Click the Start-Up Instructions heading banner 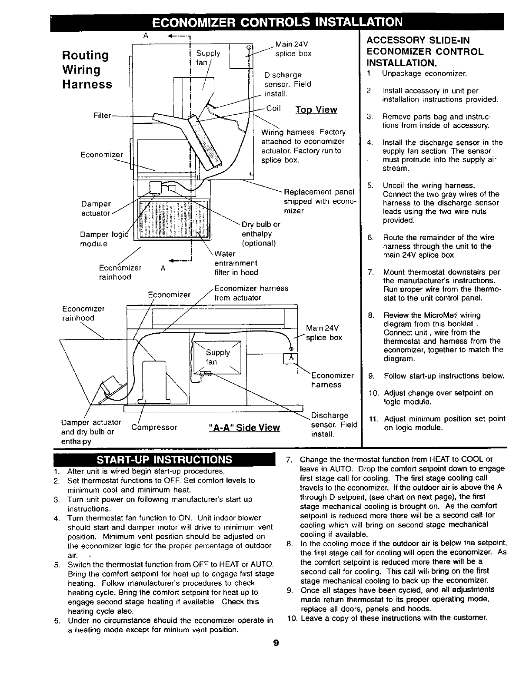click(x=164, y=459)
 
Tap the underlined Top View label click(x=316, y=109)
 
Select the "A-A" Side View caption click(x=244, y=427)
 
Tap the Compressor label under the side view click(x=154, y=427)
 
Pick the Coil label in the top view click(x=273, y=108)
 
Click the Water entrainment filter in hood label click(x=236, y=263)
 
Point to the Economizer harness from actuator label click(x=251, y=293)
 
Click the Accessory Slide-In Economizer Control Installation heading click(x=425, y=50)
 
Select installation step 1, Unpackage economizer click(x=424, y=73)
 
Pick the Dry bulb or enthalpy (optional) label click(x=261, y=234)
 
